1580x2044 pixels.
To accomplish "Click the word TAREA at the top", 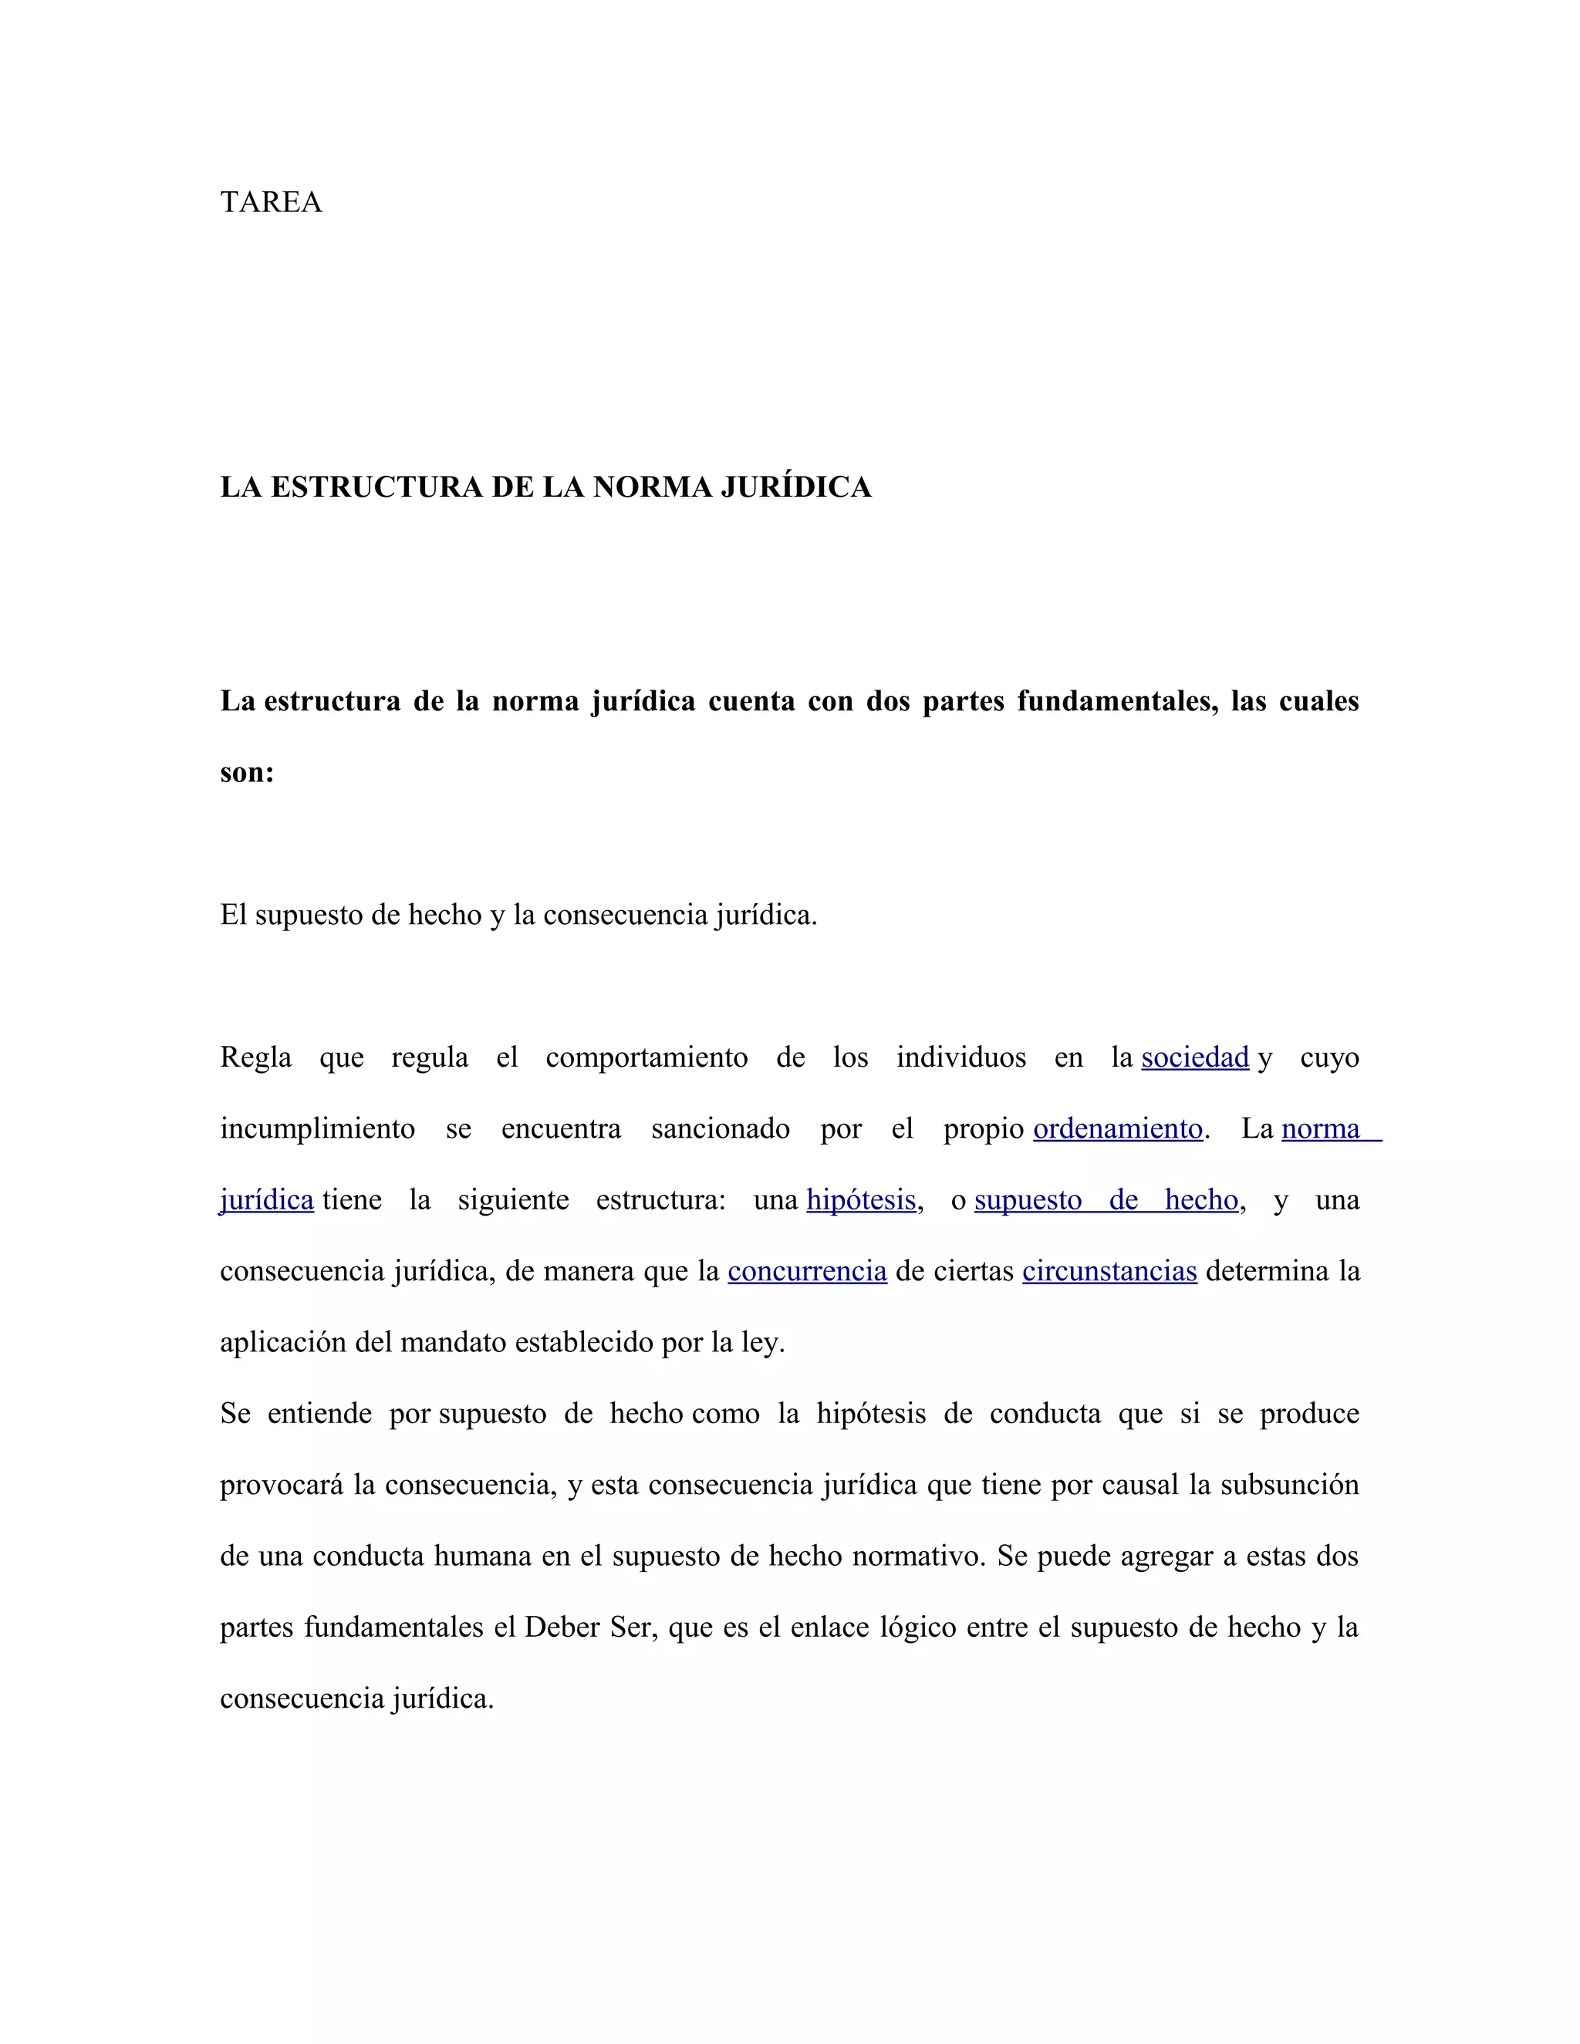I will (x=271, y=202).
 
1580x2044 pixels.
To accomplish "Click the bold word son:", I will (x=247, y=772).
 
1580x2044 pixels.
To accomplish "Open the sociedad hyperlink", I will (x=1194, y=1057).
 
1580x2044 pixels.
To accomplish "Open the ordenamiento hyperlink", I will (x=1118, y=1128).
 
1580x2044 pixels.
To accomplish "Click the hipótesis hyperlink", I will (x=860, y=1200).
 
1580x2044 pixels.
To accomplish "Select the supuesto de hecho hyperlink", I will (x=1106, y=1200).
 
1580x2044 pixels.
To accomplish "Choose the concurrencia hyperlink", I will (x=807, y=1271).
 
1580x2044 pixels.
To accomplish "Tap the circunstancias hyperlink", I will (x=1109, y=1271).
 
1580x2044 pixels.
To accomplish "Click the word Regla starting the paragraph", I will (x=255, y=1057).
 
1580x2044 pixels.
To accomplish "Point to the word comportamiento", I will (x=647, y=1057).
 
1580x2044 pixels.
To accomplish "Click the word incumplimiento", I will (x=317, y=1128).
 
